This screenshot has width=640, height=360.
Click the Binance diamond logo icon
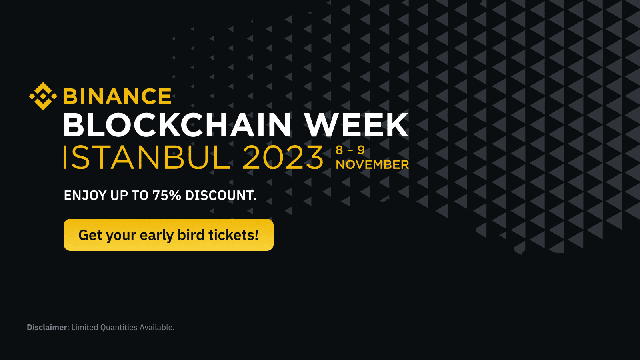43,96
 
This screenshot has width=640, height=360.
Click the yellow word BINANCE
117,97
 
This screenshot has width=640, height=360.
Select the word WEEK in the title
356,125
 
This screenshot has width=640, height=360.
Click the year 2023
283,158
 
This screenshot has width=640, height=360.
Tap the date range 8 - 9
350,150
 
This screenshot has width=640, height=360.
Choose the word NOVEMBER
372,164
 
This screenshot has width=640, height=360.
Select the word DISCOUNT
220,196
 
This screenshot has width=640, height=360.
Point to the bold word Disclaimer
47,327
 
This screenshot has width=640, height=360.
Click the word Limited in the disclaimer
85,327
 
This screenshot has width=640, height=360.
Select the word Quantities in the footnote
119,327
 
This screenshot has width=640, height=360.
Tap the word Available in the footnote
156,327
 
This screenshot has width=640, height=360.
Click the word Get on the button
90,235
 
